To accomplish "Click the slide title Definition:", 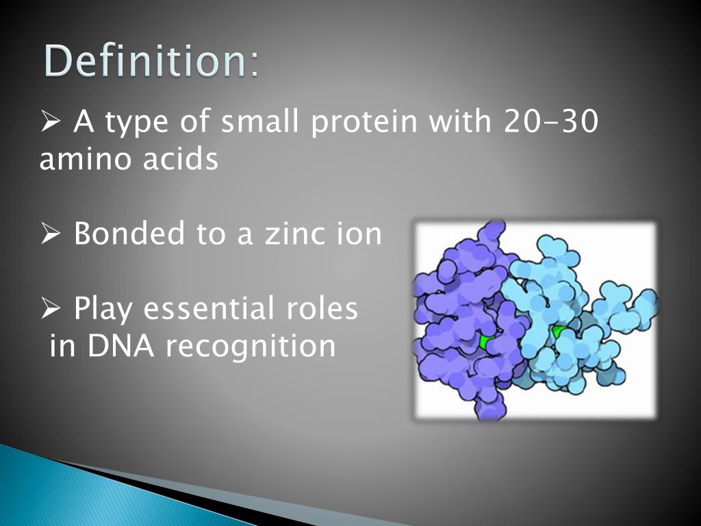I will (153, 62).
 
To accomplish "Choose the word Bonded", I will (129, 234).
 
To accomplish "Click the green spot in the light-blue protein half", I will (560, 334).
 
